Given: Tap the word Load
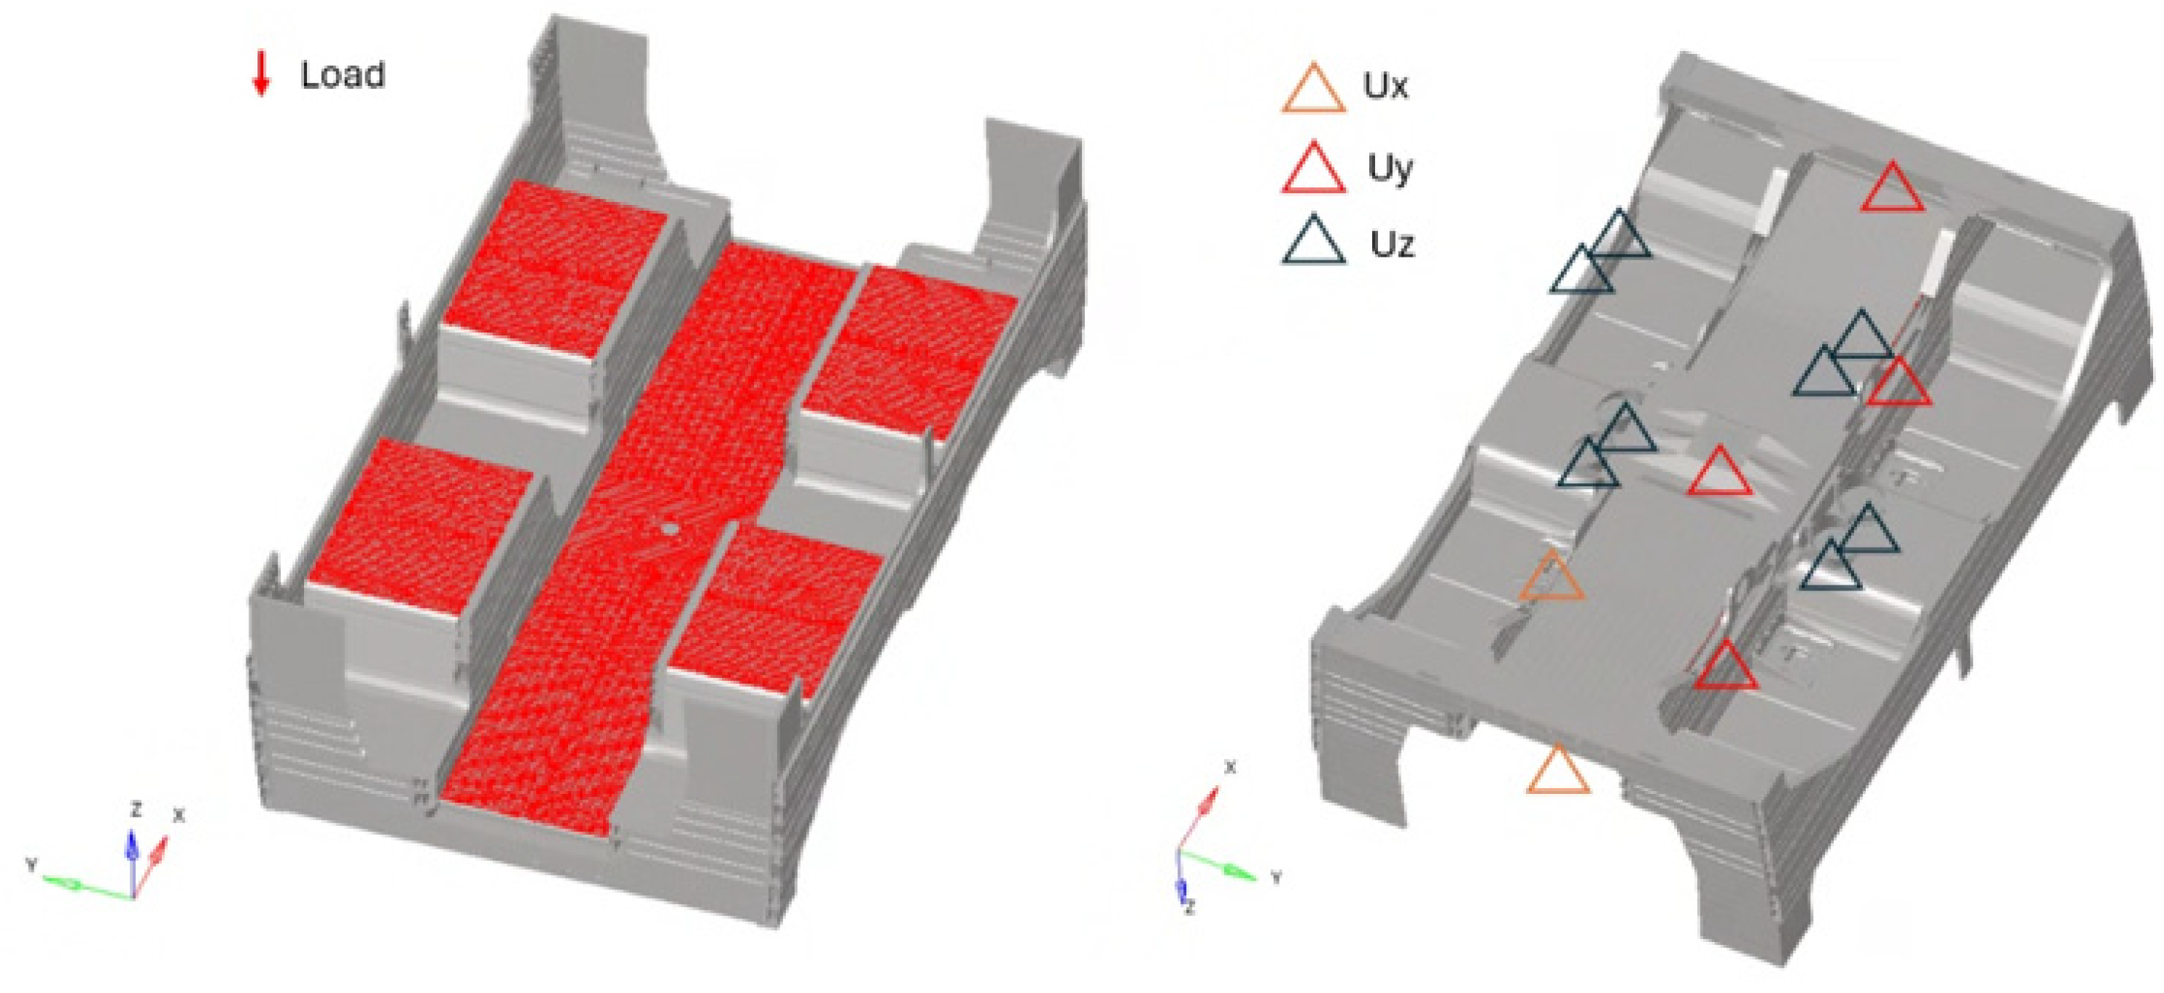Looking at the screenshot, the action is coord(343,75).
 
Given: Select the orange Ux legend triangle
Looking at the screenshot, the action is coord(1313,89).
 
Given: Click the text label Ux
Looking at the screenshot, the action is coord(1385,86).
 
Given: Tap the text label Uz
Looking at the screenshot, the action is coord(1392,244).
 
